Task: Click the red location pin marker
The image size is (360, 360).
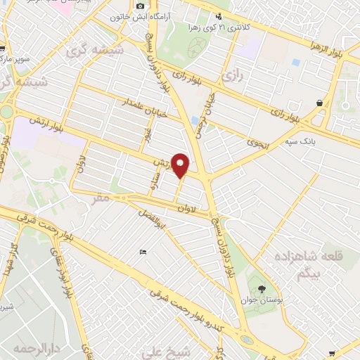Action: pyautogui.click(x=181, y=165)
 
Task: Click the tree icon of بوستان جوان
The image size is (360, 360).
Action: pyautogui.click(x=262, y=288)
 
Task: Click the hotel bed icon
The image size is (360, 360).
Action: pyautogui.click(x=143, y=252)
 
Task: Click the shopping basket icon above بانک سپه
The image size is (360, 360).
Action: pyautogui.click(x=320, y=103)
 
